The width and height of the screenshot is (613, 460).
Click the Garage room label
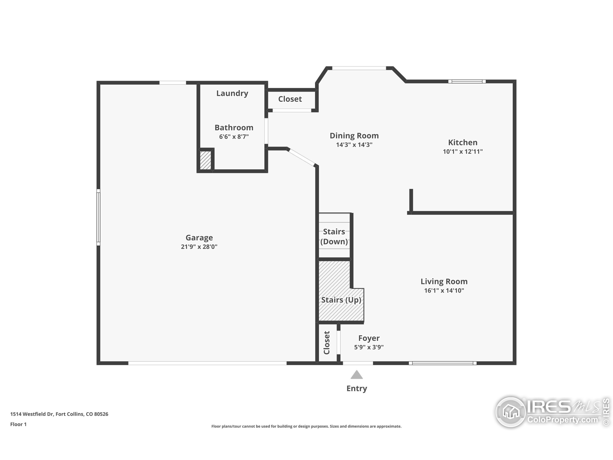199,238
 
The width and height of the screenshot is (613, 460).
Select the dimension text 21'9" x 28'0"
199,247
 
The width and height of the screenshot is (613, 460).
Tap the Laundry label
232,93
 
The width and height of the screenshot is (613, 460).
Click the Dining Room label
354,136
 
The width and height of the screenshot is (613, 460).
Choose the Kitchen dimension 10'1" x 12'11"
463,152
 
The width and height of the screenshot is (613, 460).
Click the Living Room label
444,282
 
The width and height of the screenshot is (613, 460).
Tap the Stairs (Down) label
334,236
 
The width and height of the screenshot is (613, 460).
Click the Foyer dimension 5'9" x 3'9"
369,347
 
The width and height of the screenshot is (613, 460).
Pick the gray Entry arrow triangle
356,375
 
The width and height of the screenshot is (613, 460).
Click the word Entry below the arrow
356,388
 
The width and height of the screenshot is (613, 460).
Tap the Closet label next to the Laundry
290,99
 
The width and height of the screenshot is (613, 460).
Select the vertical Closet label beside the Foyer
327,343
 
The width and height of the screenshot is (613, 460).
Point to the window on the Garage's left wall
98,217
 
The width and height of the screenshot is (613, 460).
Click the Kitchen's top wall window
467,81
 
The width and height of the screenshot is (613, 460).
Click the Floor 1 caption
18,424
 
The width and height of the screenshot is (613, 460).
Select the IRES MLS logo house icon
511,412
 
